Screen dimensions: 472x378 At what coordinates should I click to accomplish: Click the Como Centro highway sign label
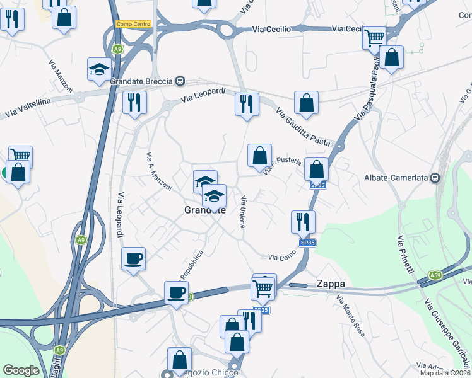(x=134, y=24)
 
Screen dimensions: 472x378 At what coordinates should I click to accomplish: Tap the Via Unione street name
(x=242, y=212)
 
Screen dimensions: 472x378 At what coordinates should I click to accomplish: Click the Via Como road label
(x=282, y=257)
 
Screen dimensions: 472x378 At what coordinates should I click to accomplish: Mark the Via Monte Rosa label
(x=350, y=314)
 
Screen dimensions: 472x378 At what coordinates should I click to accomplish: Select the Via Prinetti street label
(x=405, y=253)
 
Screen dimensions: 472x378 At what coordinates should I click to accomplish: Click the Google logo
(x=21, y=370)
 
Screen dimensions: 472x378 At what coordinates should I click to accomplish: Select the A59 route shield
(x=435, y=275)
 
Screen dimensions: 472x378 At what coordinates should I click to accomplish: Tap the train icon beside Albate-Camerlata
(x=435, y=178)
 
